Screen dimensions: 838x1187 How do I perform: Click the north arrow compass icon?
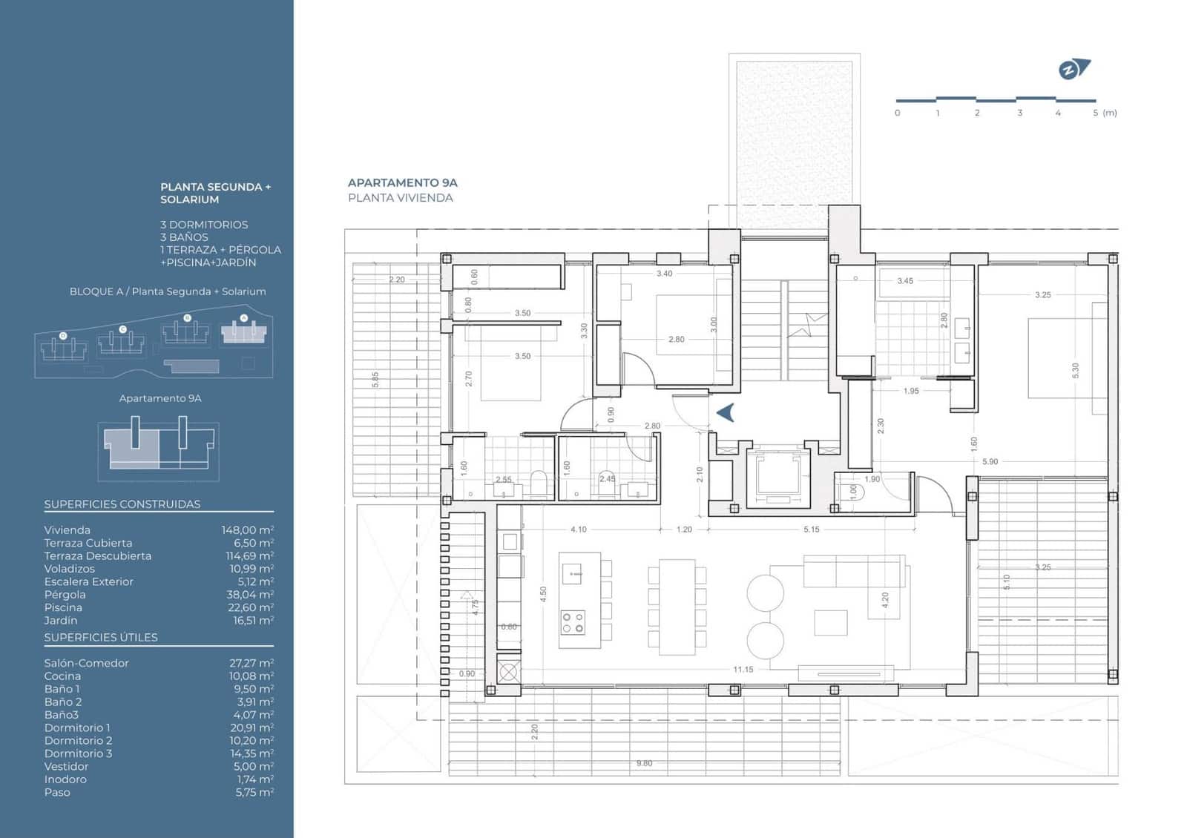pos(1073,70)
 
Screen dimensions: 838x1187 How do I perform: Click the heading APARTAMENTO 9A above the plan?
pos(402,182)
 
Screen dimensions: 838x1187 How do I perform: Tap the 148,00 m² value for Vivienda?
pos(247,529)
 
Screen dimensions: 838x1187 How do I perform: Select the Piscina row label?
pos(63,607)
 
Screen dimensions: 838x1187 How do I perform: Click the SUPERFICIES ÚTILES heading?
pos(101,637)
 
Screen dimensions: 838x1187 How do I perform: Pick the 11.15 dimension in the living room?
pos(743,669)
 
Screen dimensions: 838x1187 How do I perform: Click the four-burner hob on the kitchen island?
pos(572,622)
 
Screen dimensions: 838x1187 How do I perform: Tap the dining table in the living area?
pos(677,607)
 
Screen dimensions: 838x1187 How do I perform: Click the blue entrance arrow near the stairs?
pos(725,412)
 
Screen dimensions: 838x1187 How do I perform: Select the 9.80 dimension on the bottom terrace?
pos(644,763)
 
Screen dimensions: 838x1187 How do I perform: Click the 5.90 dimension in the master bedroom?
pos(990,461)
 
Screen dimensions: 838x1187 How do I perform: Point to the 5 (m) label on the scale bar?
pos(1104,113)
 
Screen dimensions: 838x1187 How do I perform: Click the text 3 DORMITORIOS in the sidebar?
pos(204,224)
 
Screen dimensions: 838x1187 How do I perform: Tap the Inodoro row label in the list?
pos(65,779)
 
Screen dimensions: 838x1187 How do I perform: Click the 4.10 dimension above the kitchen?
pos(578,529)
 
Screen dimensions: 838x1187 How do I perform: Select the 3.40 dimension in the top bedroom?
pos(664,274)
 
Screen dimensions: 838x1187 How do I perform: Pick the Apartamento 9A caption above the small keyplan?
pos(160,398)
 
